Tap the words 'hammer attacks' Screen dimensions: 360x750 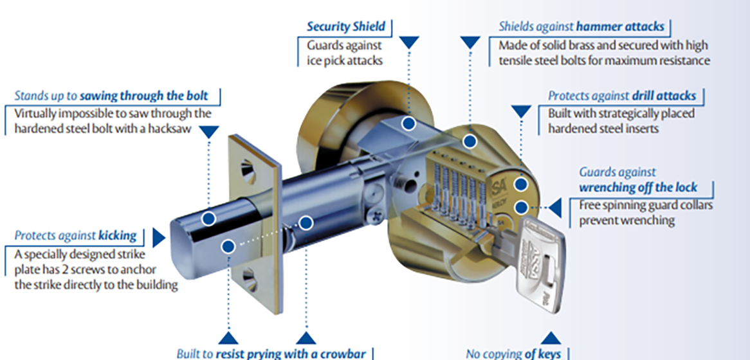coord(621,27)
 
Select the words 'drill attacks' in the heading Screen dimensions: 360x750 coord(664,96)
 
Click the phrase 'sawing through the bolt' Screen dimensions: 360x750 coord(143,96)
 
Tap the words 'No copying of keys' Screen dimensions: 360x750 coord(513,354)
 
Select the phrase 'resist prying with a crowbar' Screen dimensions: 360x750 coord(291,354)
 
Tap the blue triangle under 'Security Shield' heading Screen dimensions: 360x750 coord(409,42)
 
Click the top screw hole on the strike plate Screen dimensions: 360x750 coord(248,170)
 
